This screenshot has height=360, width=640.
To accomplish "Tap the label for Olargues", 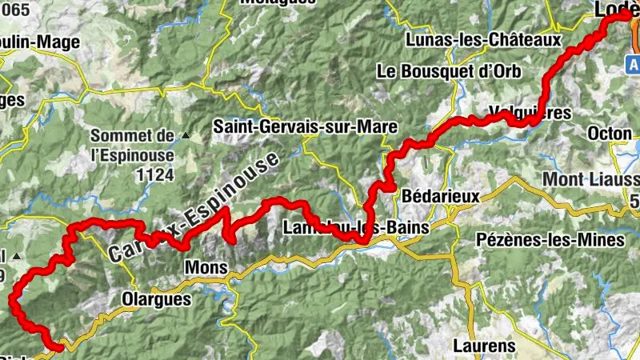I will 156,299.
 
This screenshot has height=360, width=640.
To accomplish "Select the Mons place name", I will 201,266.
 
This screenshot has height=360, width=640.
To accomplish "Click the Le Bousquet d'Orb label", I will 449,71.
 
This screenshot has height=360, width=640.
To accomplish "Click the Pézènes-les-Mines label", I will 550,240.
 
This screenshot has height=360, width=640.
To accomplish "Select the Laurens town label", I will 484,346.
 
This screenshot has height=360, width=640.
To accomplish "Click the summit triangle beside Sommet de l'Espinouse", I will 186,135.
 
